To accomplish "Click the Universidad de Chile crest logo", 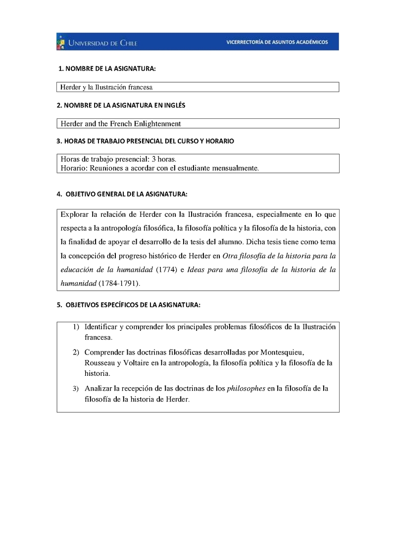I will click(x=61, y=42).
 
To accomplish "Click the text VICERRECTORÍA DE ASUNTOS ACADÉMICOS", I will click(x=277, y=42).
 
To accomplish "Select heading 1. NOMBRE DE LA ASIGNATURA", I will click(x=107, y=69).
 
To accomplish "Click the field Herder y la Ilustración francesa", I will click(x=106, y=87).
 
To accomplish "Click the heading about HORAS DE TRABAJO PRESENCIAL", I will click(x=146, y=141).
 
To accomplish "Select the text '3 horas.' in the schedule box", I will click(x=164, y=159).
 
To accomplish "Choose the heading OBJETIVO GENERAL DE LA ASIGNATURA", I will click(x=122, y=194).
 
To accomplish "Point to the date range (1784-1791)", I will click(x=120, y=284).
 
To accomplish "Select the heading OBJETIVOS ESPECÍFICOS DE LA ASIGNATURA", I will click(x=128, y=305).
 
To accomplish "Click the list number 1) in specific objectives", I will click(x=76, y=327).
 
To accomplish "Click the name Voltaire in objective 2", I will click(x=130, y=363).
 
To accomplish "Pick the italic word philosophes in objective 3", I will click(x=246, y=389).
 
